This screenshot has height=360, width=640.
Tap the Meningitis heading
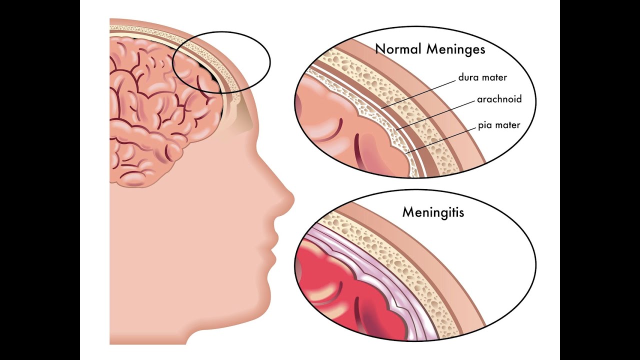click(x=433, y=212)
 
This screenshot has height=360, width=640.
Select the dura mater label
click(x=482, y=78)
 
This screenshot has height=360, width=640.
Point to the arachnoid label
click(x=499, y=99)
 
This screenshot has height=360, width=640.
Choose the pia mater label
click(x=498, y=125)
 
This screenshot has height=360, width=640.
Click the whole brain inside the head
click(x=160, y=110)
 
